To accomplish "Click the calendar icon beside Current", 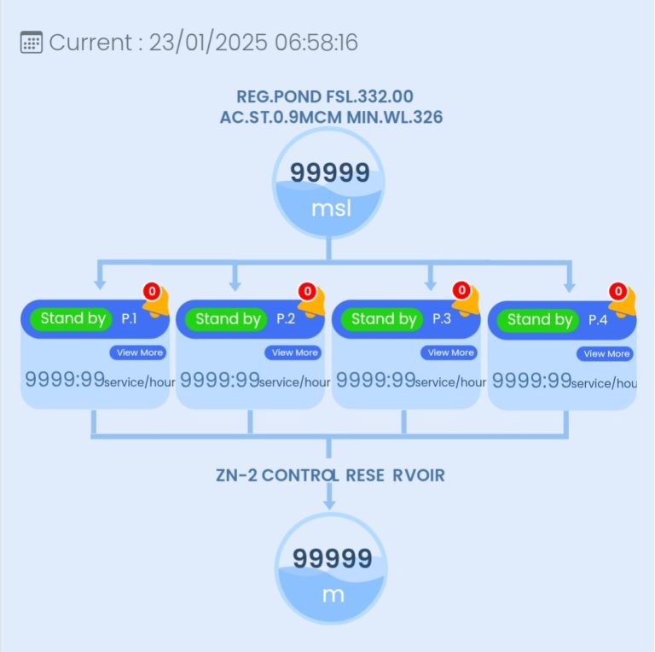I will point(31,43).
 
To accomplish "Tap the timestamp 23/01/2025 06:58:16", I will point(253,43).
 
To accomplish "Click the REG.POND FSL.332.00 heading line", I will point(329,96).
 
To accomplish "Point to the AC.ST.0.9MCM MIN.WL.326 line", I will point(331,117).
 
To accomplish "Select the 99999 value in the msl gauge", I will point(329,173).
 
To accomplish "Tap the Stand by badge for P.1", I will point(72,319).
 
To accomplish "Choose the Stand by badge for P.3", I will point(383,319).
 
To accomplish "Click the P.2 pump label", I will point(286,319).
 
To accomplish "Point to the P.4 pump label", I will point(598,320).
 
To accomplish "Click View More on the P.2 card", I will point(294,352).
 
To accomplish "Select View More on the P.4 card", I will point(606,353).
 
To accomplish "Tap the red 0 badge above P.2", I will point(307,291).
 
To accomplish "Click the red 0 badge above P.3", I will point(461,291).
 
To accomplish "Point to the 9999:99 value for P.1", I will point(64,380).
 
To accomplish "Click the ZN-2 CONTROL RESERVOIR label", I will point(330,475).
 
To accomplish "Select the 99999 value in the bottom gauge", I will point(332,560).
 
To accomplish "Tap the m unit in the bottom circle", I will point(332,594).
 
